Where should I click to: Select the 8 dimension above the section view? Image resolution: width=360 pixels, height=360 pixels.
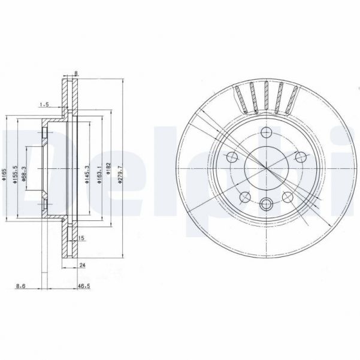click(x=76, y=74)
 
